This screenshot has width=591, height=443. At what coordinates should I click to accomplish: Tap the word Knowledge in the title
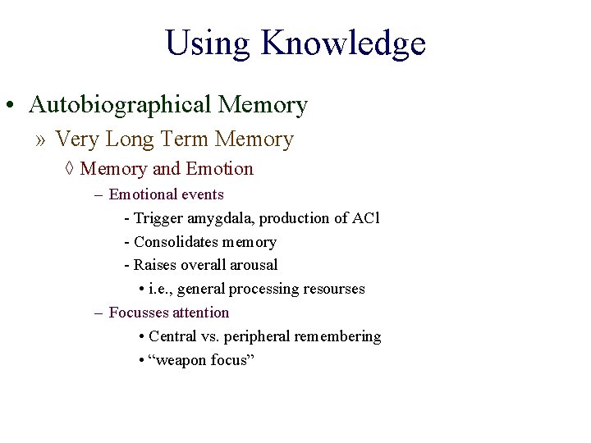point(343,43)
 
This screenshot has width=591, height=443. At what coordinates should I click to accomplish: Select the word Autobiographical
point(121,105)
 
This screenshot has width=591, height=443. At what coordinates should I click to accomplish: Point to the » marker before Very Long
point(41,139)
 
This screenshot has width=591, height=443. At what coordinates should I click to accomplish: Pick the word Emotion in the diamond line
point(220,169)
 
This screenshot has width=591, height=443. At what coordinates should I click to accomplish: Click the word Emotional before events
point(143,194)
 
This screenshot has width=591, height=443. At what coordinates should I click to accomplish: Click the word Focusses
point(140,313)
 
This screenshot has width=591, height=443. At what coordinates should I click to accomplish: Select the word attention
point(201,313)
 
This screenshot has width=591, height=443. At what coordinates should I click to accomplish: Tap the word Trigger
point(159,218)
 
